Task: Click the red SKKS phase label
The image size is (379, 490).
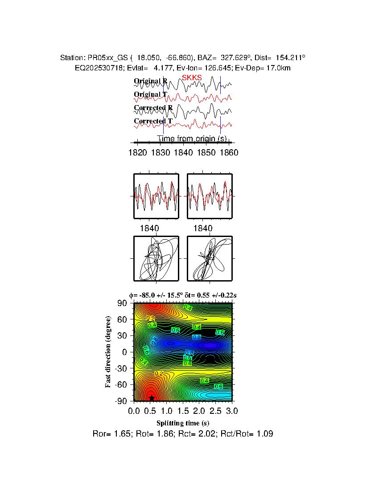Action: pos(192,78)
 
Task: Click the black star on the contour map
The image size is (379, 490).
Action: pos(152,398)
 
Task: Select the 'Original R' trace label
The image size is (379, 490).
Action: pos(150,81)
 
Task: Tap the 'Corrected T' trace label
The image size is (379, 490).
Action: pos(153,121)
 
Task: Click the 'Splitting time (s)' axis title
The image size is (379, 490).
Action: pos(183,423)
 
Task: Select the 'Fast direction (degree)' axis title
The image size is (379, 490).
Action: pos(108,352)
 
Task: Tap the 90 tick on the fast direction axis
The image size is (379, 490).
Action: pos(123,303)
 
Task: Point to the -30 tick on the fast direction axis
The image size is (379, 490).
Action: pos(121,368)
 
